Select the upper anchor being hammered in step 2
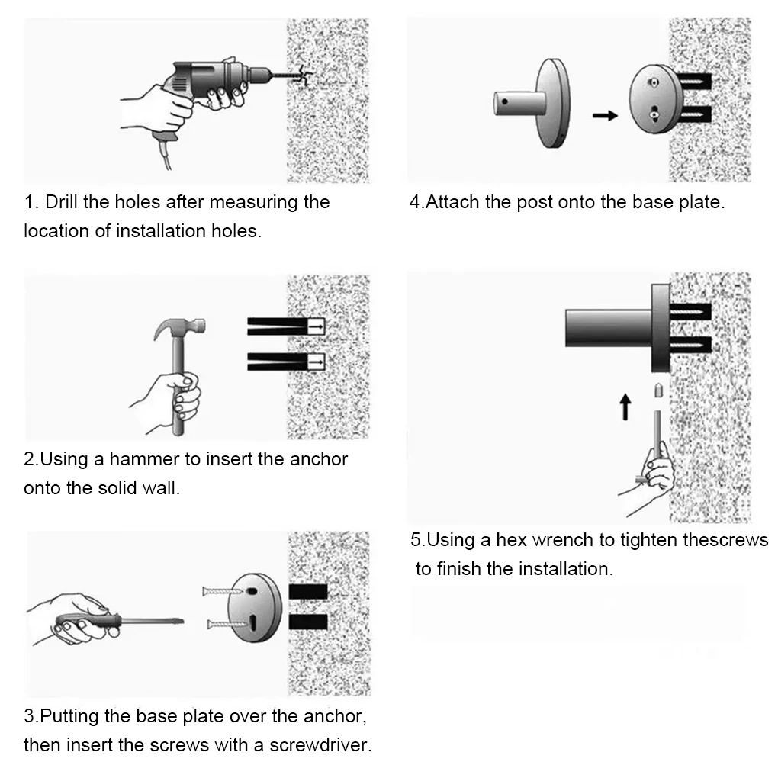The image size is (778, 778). (x=286, y=326)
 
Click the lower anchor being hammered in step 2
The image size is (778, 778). (x=286, y=362)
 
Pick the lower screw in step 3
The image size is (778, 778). (x=227, y=624)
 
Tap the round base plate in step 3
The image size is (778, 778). (x=255, y=608)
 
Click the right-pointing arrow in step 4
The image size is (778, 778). (x=605, y=116)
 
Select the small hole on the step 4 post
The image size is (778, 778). (x=505, y=101)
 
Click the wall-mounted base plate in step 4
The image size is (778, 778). (x=650, y=99)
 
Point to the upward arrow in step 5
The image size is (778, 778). (x=625, y=407)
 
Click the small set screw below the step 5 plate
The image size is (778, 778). (x=658, y=391)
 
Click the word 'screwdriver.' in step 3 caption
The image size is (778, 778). (x=320, y=745)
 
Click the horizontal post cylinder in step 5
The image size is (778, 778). (x=609, y=328)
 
